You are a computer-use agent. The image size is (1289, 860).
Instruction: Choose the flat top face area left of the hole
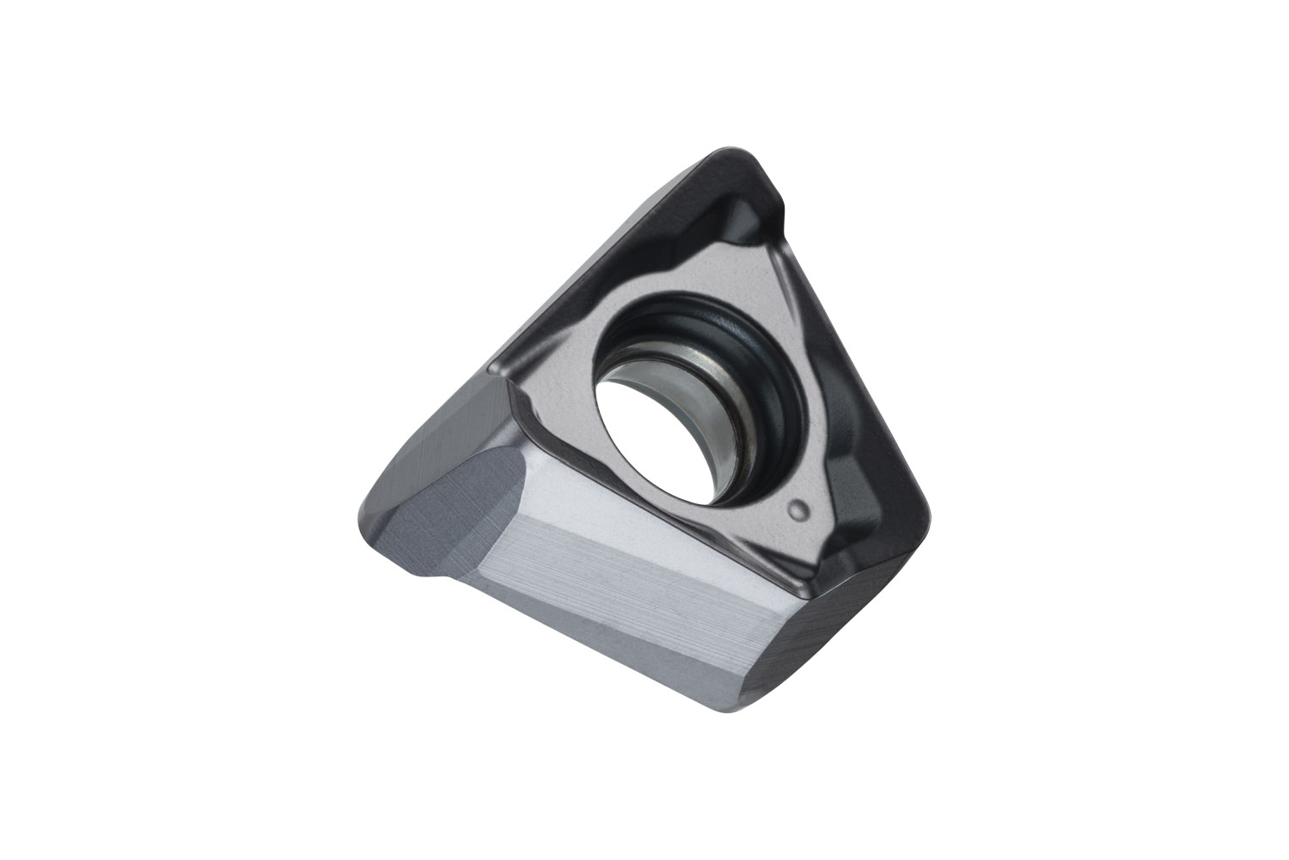[559, 378]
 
